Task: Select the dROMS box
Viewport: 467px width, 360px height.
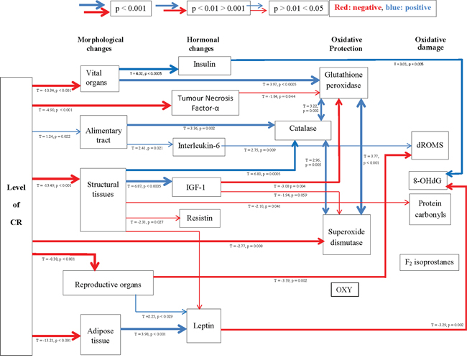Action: pyautogui.click(x=431, y=144)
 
